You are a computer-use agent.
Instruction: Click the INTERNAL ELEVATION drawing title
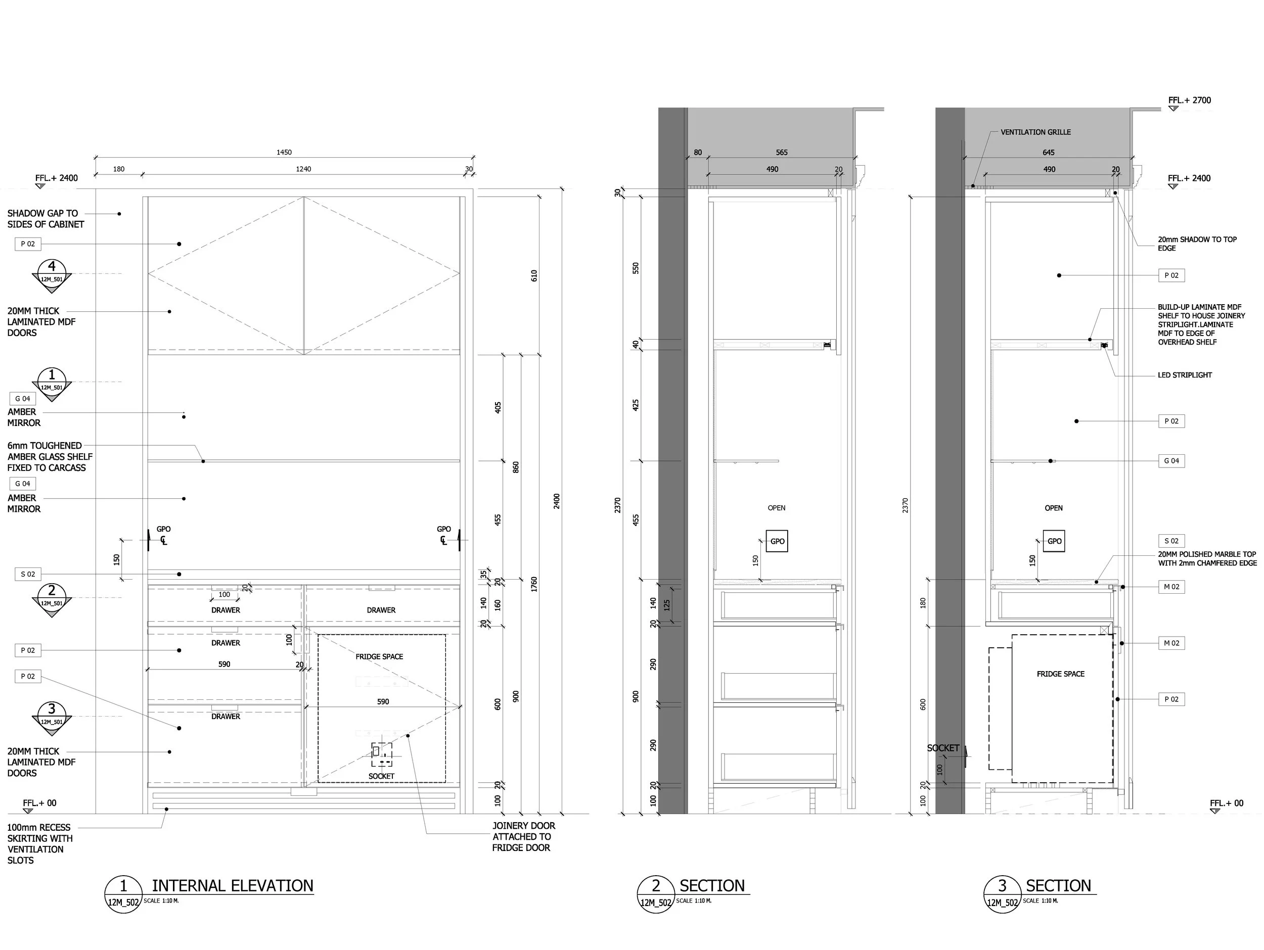coord(233,886)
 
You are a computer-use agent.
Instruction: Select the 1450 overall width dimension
coord(284,153)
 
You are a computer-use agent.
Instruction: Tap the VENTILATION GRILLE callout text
coord(1035,132)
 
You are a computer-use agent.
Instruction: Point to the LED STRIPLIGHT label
coord(1185,375)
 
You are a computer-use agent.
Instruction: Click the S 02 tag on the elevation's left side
coord(28,574)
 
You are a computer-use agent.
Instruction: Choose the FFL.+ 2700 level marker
coord(1189,101)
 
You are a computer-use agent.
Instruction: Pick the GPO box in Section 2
coord(777,542)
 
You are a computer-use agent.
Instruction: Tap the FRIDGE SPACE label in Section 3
coord(1061,674)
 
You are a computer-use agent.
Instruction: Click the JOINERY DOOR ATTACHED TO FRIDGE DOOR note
coord(522,837)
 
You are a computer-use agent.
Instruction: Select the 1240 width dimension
coord(303,169)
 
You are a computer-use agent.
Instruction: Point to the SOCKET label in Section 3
coord(943,748)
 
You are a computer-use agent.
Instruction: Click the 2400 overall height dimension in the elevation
coord(557,501)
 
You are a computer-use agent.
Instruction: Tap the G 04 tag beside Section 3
coord(1171,461)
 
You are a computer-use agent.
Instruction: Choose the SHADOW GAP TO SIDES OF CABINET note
coord(45,219)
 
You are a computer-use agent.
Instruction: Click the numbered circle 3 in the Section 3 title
coord(1002,886)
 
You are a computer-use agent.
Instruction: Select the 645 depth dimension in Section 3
coord(1049,153)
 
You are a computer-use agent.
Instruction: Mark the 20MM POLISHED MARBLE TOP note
coord(1207,559)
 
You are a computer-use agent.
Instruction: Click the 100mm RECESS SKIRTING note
coord(39,844)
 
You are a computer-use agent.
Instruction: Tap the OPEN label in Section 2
coord(776,508)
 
